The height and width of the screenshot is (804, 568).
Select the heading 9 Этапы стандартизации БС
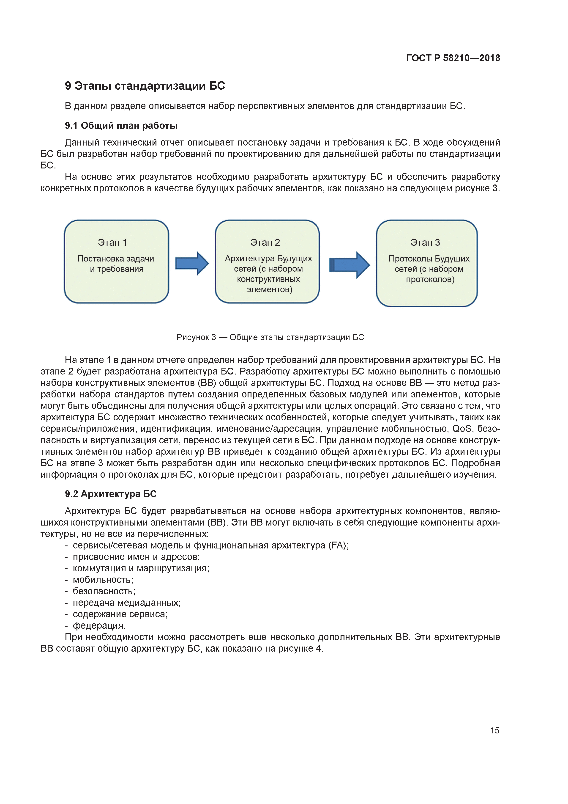tap(145, 86)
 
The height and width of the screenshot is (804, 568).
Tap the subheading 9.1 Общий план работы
tap(121, 126)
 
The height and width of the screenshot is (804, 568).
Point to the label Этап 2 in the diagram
tap(265, 242)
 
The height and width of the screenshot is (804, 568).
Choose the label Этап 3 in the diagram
tap(425, 242)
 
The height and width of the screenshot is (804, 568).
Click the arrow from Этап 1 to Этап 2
tap(192, 263)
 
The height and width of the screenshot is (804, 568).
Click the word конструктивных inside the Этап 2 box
tap(268, 279)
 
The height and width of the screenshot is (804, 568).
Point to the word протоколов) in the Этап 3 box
tap(430, 279)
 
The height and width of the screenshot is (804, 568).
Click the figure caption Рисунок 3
tap(270, 337)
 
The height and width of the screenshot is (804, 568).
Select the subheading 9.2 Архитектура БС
tap(111, 494)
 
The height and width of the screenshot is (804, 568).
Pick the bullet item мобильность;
tap(103, 580)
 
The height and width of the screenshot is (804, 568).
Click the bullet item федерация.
tap(99, 625)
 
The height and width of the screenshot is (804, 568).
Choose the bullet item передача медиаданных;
tap(127, 603)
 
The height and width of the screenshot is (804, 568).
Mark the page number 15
tap(494, 730)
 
